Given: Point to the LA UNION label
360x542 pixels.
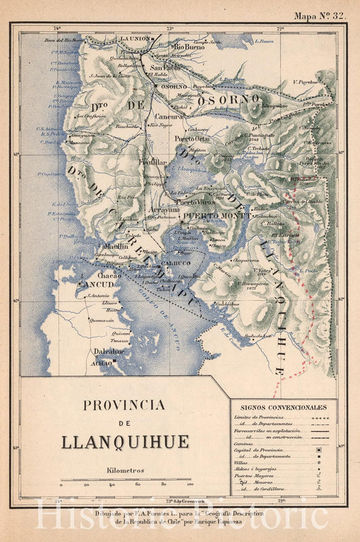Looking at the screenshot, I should pos(136,39).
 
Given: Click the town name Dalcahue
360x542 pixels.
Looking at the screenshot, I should pos(108,351).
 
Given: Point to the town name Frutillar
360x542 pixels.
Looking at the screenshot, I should pos(153,162).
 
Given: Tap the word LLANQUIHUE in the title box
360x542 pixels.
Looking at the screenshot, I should pos(125,443).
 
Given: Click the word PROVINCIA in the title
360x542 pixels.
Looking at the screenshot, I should pos(124,405).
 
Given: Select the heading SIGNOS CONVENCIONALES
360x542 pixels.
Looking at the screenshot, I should pos(284,408).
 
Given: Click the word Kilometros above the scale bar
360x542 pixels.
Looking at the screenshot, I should pos(125,470).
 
